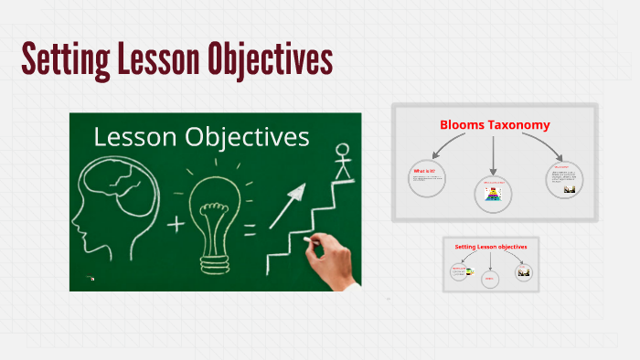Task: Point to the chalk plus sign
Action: pyautogui.click(x=174, y=222)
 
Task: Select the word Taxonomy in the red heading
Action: pyautogui.click(x=526, y=124)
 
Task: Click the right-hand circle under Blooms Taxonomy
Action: pyautogui.click(x=565, y=178)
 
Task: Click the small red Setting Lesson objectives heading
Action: pyautogui.click(x=491, y=247)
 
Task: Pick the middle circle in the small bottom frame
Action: pyautogui.click(x=490, y=279)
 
